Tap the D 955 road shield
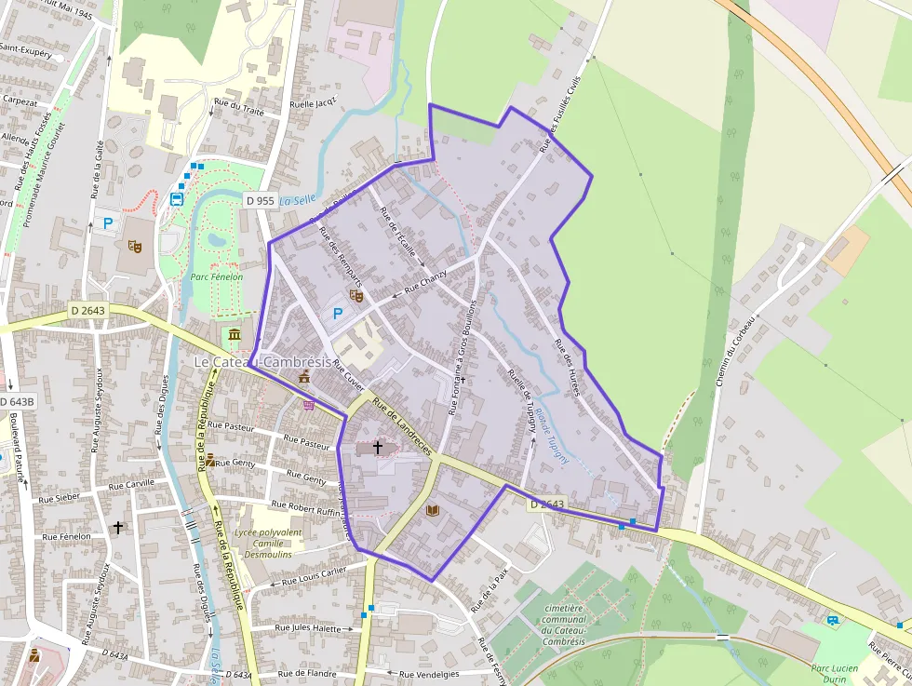pos(260,200)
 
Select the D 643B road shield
pos(17,401)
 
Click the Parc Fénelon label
pos(216,276)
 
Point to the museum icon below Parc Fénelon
pos(234,334)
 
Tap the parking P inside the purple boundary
pos(338,315)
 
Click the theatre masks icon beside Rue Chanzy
pos(355,295)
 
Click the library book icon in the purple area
pos(432,510)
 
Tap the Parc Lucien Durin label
pos(834,672)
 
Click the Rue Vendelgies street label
pos(431,674)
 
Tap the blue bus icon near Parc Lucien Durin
pos(832,620)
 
